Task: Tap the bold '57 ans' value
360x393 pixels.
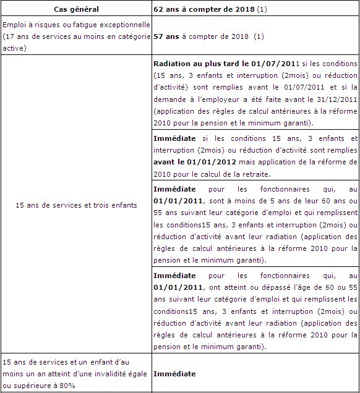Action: [166, 36]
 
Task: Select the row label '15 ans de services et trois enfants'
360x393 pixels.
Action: [76, 205]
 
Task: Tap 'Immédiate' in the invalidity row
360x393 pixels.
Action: [174, 374]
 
